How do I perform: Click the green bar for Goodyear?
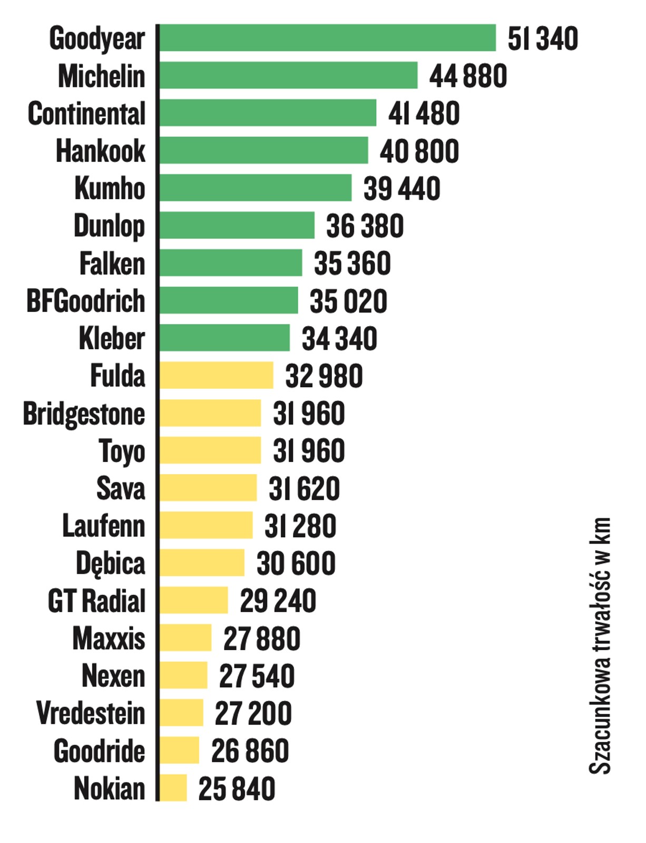point(327,38)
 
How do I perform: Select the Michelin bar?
point(288,75)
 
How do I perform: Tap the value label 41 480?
point(424,113)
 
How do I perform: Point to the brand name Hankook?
point(100,151)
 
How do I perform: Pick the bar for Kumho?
point(255,188)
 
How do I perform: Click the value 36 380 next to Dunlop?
point(365,226)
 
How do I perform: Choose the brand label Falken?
point(112,263)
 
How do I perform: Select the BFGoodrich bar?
point(228,300)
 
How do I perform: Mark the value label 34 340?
point(339,338)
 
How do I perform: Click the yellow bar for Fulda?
point(216,375)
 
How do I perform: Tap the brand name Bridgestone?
point(84,414)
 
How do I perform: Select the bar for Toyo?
point(210,450)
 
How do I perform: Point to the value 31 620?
point(304,488)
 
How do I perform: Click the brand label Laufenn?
point(103,526)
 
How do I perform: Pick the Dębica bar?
point(202,563)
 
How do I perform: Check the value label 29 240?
point(278,601)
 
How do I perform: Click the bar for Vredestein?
point(181,713)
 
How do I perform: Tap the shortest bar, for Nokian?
point(173,788)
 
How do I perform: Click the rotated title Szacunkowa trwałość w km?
point(600,645)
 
